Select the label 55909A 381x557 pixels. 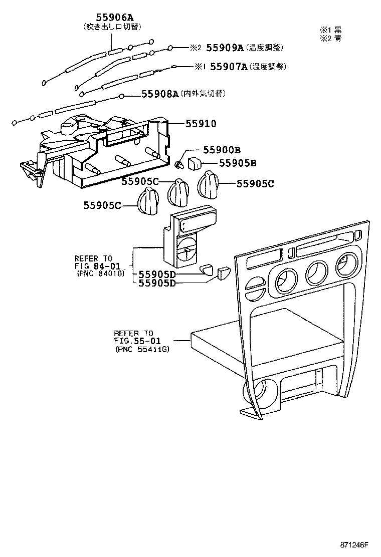click(x=227, y=48)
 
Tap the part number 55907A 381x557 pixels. click(x=229, y=66)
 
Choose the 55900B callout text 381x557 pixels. click(x=222, y=150)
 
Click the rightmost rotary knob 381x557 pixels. click(x=210, y=184)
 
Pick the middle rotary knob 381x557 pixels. click(x=177, y=193)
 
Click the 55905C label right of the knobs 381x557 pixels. click(x=255, y=184)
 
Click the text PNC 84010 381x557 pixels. click(x=100, y=273)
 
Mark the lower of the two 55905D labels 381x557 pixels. click(x=156, y=283)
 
